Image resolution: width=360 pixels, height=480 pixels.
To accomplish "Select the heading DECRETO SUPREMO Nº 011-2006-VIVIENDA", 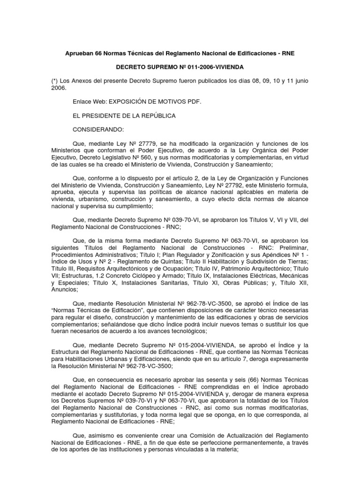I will tap(180, 67).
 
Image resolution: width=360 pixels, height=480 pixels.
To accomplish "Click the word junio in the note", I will tap(300, 81).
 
